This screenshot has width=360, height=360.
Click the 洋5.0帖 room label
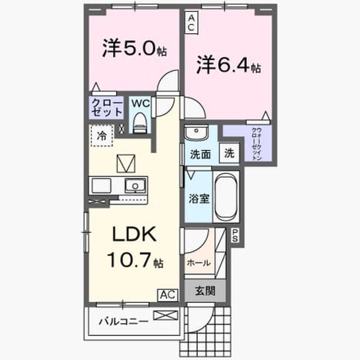(134, 49)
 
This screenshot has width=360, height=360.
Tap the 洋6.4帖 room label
(228, 65)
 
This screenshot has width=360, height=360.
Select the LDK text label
(134, 234)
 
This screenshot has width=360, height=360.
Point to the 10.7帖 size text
(135, 260)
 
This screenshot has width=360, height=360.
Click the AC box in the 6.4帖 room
(191, 22)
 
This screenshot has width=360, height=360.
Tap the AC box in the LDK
(168, 295)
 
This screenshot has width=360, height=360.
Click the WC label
(140, 103)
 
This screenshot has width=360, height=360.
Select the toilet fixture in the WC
(140, 123)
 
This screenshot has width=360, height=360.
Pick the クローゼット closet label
(106, 108)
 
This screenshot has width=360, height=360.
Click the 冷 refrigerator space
(102, 136)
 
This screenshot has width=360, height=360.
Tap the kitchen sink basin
(135, 186)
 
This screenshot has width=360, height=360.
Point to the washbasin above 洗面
(196, 133)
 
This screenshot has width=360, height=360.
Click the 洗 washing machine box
(229, 153)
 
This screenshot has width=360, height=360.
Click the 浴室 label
(199, 199)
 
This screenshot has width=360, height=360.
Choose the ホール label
(199, 263)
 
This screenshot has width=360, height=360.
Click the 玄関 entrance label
(205, 291)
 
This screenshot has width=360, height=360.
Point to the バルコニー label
(124, 322)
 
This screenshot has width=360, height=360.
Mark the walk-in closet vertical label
(257, 144)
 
